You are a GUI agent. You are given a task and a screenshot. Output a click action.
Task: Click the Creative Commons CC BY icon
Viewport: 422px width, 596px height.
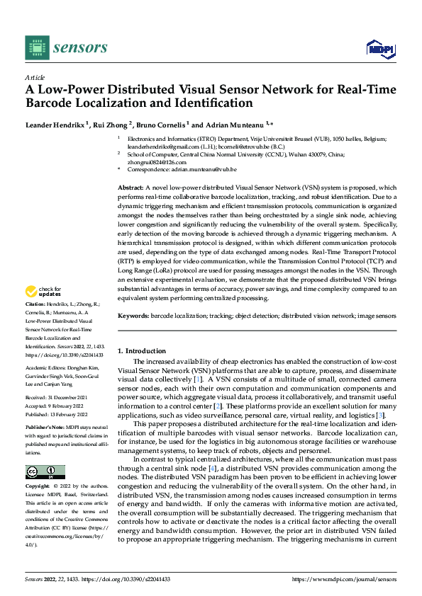(x=45, y=472)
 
